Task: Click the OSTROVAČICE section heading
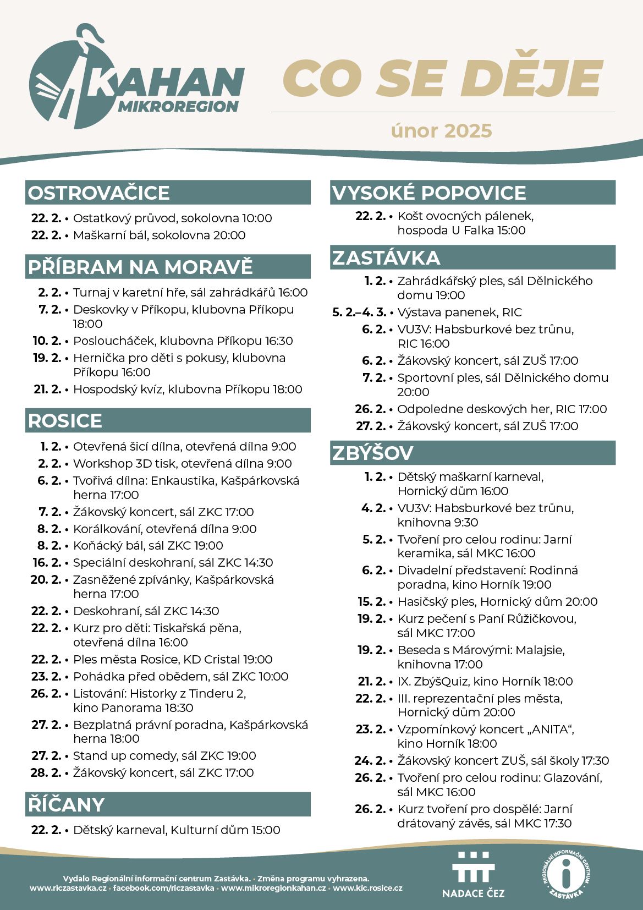tap(99, 193)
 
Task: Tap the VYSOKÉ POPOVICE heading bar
tap(429, 193)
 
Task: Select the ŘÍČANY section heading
tap(66, 804)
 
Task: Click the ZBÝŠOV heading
tap(372, 453)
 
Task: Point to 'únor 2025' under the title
tap(441, 131)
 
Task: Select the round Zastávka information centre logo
tap(567, 874)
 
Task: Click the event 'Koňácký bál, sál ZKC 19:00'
tap(148, 546)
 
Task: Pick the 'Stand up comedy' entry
tap(164, 755)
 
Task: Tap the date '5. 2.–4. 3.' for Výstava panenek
tap(359, 313)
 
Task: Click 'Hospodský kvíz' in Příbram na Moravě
tap(188, 390)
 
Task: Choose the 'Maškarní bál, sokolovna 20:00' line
tap(159, 235)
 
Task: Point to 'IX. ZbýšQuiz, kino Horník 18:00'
tap(485, 681)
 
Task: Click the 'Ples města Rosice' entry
tap(173, 659)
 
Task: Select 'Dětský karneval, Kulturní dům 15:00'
tap(177, 830)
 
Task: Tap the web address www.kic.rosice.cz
tap(367, 888)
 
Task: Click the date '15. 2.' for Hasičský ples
tap(371, 601)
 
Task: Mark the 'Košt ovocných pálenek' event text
tap(465, 216)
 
